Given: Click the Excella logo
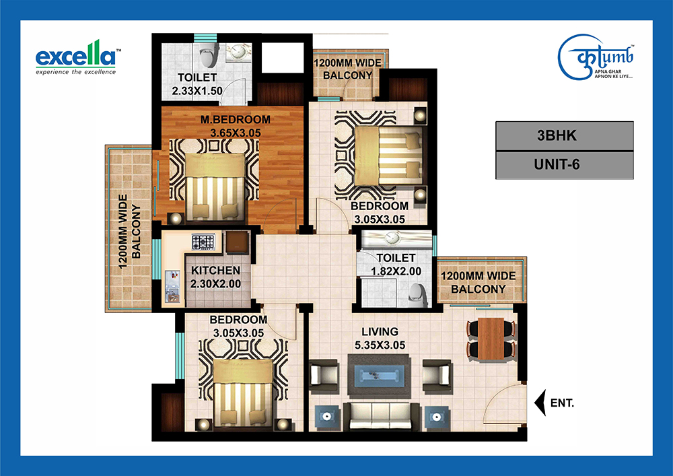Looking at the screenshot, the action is [76, 58].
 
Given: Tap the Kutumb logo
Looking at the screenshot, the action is [596, 57].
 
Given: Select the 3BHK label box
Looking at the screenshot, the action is [565, 135].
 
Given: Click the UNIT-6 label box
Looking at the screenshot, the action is [565, 164].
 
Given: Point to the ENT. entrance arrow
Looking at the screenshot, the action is [540, 403].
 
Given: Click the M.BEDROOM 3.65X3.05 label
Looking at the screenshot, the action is [235, 126].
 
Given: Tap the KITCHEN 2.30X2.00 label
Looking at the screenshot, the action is [215, 277].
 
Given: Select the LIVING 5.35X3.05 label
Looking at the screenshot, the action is [380, 338].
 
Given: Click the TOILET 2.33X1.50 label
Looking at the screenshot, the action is [197, 84].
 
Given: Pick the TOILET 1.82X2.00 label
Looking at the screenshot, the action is [396, 265].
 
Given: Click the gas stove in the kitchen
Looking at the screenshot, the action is [203, 242].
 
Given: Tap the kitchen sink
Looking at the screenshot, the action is [172, 287].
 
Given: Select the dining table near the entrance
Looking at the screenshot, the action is [491, 338].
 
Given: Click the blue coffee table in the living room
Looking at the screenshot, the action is [378, 376].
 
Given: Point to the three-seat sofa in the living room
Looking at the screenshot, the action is [381, 416].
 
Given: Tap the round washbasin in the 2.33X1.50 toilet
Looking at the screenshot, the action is [236, 53].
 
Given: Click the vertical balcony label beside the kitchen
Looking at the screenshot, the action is [130, 232].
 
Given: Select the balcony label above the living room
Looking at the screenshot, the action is [478, 282].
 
